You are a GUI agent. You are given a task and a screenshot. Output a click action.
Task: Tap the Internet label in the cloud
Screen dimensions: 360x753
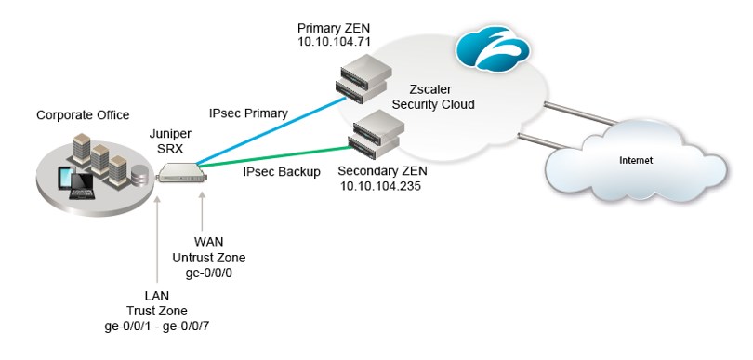click(636, 160)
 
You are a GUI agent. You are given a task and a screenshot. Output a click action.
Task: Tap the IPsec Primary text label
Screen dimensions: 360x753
click(248, 113)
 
